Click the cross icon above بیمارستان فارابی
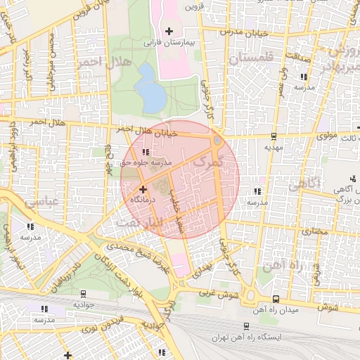168,31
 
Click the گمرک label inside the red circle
210,162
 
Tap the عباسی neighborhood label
41,202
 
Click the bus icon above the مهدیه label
273,137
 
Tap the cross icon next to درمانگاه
143,188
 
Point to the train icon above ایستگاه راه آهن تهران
246,326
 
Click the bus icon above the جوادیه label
84,295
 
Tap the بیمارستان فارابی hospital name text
168,42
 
